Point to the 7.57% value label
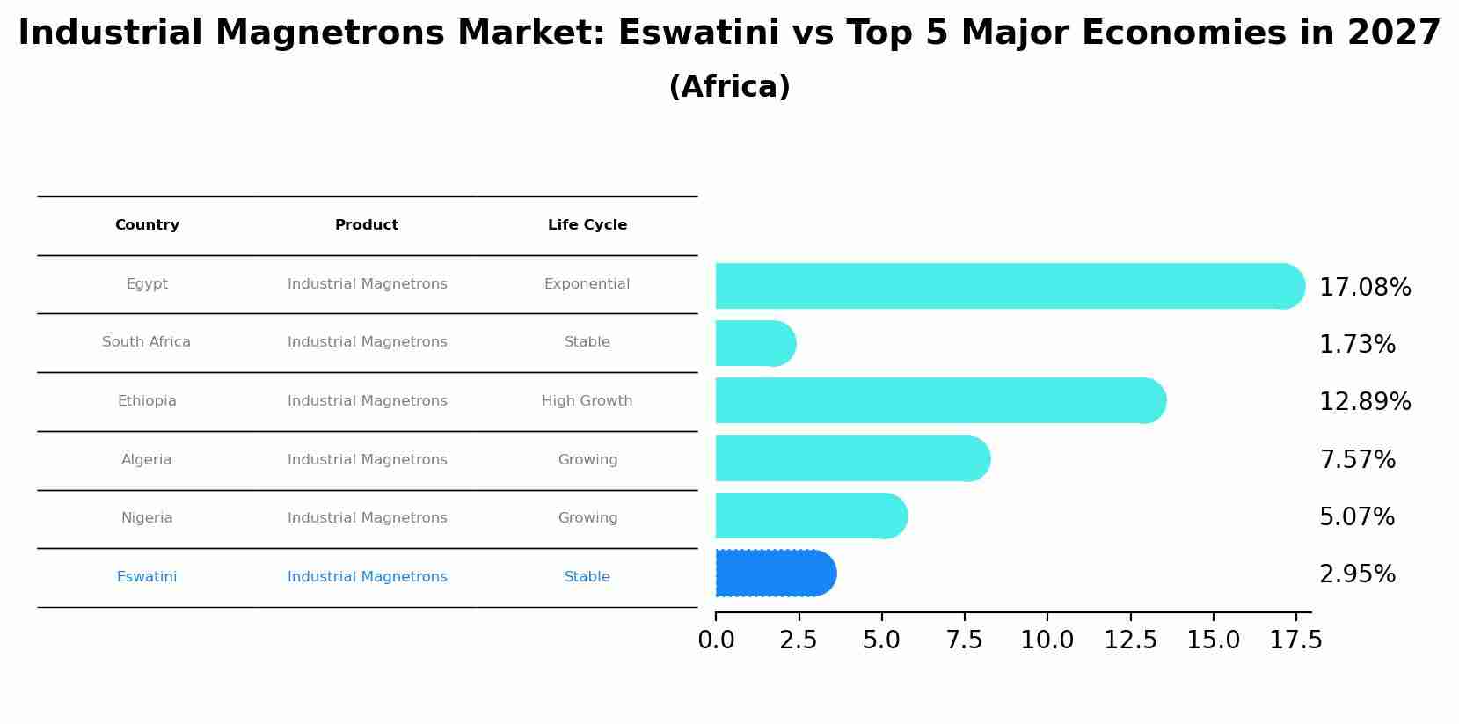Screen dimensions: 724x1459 (x=1357, y=459)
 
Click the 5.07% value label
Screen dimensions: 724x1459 (x=1357, y=517)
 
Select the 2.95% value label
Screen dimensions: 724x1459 (x=1357, y=574)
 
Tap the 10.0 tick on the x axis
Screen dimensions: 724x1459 (x=1047, y=640)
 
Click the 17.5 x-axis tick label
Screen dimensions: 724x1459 (x=1296, y=640)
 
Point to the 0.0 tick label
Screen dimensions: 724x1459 (x=716, y=640)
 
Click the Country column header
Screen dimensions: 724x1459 (x=147, y=225)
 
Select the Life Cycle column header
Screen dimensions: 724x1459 (x=587, y=225)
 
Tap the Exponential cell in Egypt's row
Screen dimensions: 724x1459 (x=587, y=284)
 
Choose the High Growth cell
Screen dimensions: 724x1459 (x=587, y=401)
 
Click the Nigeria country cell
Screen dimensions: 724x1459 (x=147, y=518)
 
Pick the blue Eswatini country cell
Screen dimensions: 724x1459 (x=147, y=577)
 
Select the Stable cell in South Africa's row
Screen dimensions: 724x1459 (x=587, y=342)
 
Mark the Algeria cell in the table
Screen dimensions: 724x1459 (x=147, y=460)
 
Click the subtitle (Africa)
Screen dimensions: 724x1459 (x=729, y=87)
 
